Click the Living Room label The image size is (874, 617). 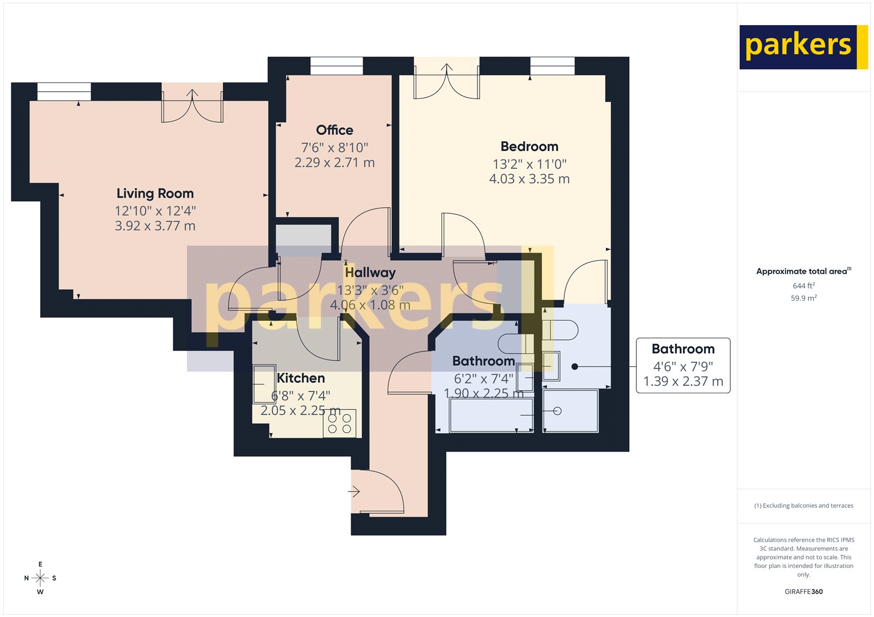click(155, 194)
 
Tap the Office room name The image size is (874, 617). click(334, 130)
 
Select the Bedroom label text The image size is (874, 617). click(529, 147)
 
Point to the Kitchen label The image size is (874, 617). click(301, 378)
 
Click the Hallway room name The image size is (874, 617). click(370, 272)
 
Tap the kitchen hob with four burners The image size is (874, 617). click(339, 423)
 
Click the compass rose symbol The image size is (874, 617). click(40, 578)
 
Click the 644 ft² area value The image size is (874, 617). click(804, 286)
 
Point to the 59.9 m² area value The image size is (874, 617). click(804, 298)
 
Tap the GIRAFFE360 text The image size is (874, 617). click(804, 591)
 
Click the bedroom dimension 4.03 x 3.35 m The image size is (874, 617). click(529, 179)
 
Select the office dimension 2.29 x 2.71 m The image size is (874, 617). click(334, 163)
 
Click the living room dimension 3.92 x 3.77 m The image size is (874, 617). click(155, 226)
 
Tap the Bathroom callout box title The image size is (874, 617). click(683, 349)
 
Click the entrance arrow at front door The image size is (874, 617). click(354, 492)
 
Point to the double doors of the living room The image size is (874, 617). click(192, 105)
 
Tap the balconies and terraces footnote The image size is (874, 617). click(804, 506)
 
